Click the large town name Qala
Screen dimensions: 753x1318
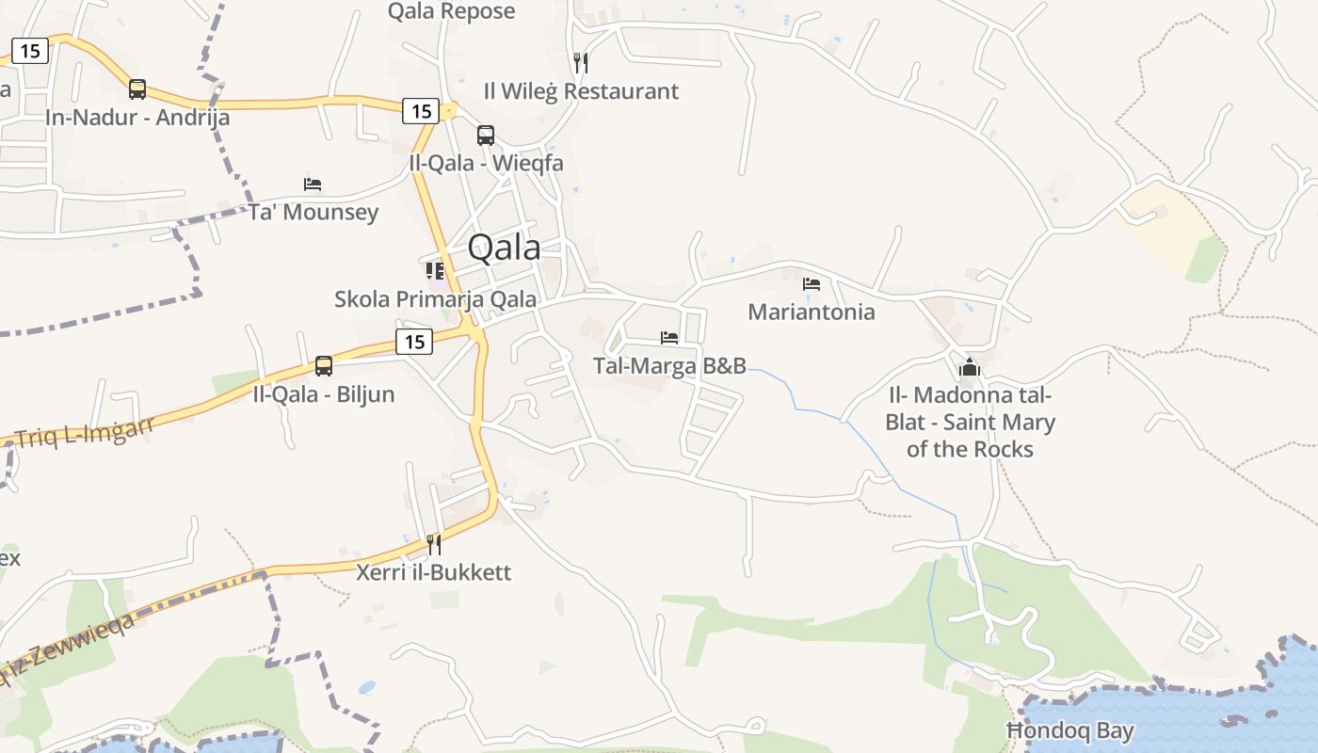click(x=504, y=248)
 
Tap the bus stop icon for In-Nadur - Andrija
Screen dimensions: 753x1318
click(x=137, y=89)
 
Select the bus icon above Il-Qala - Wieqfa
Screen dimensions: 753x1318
click(x=486, y=135)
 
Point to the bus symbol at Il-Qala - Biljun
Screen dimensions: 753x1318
click(x=324, y=365)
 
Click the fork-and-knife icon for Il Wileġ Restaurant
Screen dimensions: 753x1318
click(x=581, y=63)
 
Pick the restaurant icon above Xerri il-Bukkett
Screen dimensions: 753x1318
click(x=434, y=544)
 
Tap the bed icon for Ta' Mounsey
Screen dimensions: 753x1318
click(x=313, y=184)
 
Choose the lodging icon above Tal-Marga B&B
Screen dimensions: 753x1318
click(x=669, y=337)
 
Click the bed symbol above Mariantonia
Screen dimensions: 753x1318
click(x=812, y=283)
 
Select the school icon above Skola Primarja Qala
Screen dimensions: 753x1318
click(x=434, y=271)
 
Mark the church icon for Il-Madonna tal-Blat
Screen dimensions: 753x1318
click(x=970, y=367)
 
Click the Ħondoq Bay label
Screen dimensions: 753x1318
click(x=1070, y=730)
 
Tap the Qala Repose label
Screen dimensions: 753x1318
click(x=452, y=11)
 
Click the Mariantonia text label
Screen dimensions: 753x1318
click(x=811, y=312)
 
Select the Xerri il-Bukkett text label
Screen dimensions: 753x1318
click(x=433, y=571)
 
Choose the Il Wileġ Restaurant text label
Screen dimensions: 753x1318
click(x=581, y=91)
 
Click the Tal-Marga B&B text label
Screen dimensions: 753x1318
click(x=669, y=365)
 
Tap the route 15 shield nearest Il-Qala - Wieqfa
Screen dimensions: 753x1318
click(x=421, y=111)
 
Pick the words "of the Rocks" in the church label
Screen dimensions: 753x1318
click(x=970, y=449)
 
